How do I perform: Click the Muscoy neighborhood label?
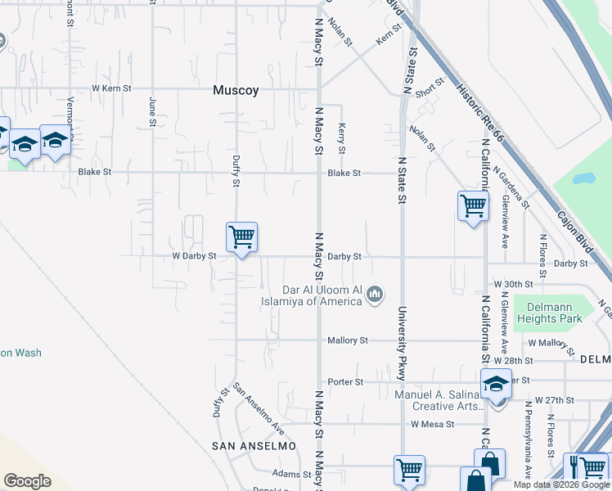[236, 91]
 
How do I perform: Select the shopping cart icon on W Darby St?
[241, 237]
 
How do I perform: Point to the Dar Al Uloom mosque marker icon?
[375, 293]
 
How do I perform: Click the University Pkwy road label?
[402, 343]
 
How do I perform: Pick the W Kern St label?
[111, 88]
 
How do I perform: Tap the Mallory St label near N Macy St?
[348, 340]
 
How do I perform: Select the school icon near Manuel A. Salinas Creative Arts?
[497, 384]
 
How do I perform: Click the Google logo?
[27, 481]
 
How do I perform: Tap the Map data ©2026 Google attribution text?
[561, 484]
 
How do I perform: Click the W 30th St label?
[515, 284]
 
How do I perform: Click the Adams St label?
[292, 474]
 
